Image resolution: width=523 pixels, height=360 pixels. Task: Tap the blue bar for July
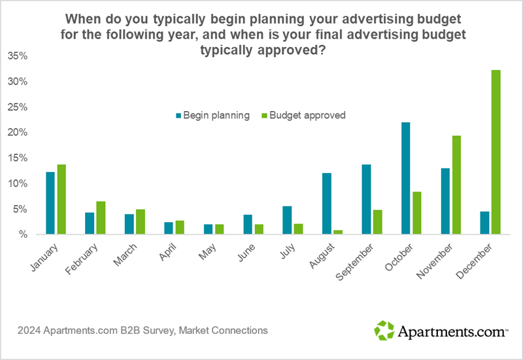286,220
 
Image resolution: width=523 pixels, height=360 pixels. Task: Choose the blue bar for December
484,222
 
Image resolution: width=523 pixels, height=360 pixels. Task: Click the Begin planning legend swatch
178,116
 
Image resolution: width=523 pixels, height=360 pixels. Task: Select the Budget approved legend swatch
264,116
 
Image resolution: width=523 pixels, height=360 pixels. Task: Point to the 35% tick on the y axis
18,56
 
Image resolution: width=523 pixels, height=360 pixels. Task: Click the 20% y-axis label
18,133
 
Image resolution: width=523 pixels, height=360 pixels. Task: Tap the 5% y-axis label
20,209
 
